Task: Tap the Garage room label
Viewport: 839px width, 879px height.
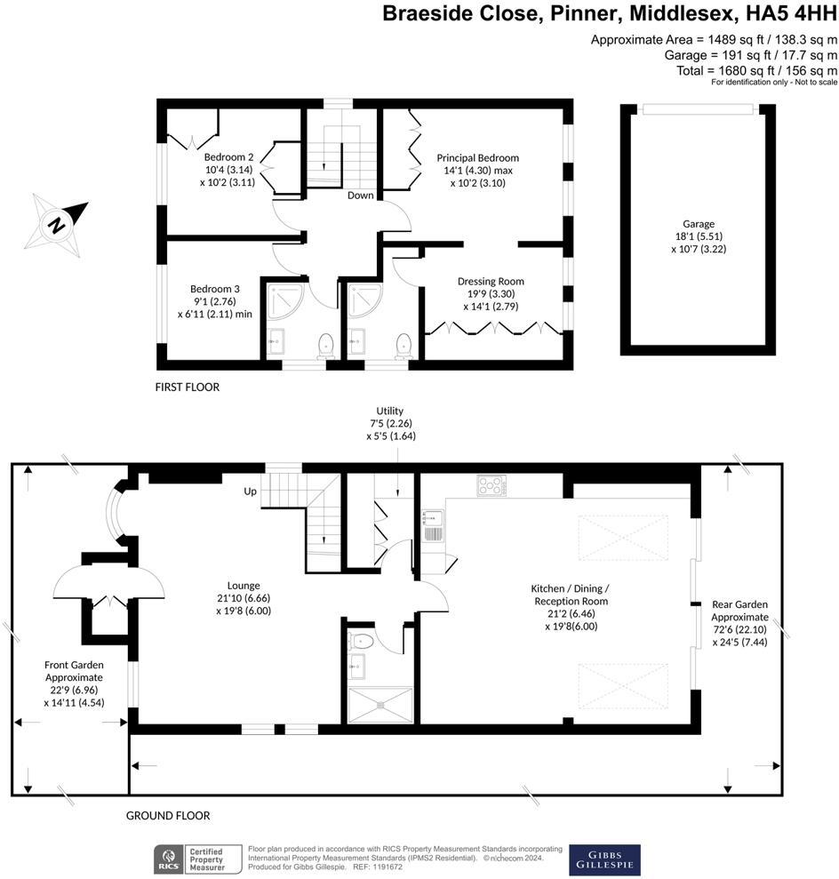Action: pos(699,236)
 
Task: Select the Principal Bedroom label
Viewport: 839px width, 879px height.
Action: pos(478,170)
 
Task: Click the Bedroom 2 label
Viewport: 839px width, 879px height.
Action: pos(228,169)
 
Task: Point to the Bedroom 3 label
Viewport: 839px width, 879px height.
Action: pos(215,301)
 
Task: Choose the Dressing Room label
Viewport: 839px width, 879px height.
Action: pos(491,294)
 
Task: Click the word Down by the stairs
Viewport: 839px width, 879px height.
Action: pos(360,195)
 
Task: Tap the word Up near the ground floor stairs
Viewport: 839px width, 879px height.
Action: pos(250,491)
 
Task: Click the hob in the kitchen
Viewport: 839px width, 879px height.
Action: pos(491,485)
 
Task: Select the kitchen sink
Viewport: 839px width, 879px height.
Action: pos(432,525)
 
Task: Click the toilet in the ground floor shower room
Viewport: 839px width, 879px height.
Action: pos(360,640)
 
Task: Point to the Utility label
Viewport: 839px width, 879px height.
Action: pos(391,423)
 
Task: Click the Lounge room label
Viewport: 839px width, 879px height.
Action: pos(244,597)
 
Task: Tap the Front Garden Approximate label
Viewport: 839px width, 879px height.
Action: pos(74,683)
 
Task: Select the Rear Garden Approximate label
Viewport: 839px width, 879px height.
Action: pos(739,623)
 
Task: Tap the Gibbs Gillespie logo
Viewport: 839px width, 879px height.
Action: pos(604,859)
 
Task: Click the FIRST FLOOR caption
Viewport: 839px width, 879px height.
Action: pos(188,387)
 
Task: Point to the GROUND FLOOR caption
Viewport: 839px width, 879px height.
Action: pos(168,816)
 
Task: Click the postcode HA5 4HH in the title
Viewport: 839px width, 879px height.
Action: pos(792,13)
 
